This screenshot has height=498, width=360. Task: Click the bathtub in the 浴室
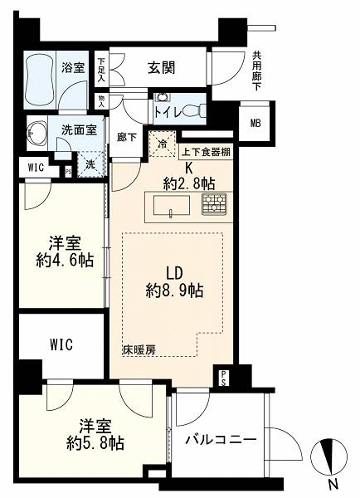[x=40, y=80]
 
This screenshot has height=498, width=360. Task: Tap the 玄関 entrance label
[x=161, y=67]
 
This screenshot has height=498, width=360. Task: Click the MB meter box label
[x=255, y=123]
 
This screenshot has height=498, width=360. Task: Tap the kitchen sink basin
[x=172, y=206]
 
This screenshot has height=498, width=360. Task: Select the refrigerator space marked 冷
[x=163, y=144]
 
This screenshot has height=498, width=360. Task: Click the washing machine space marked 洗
[x=90, y=164]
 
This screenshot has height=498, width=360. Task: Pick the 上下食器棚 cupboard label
[x=206, y=152]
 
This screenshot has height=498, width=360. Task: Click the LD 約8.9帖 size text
[x=174, y=281]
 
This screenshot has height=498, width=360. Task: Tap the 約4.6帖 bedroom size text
[x=65, y=261]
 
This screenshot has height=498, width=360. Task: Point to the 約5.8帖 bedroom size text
[x=95, y=443]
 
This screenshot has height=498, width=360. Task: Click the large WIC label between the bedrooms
[x=61, y=344]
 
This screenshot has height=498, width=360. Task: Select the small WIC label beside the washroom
[x=36, y=168]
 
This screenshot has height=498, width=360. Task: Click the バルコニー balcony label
[x=221, y=440]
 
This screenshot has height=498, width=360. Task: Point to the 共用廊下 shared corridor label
[x=256, y=71]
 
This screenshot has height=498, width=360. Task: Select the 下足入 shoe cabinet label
[x=101, y=70]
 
